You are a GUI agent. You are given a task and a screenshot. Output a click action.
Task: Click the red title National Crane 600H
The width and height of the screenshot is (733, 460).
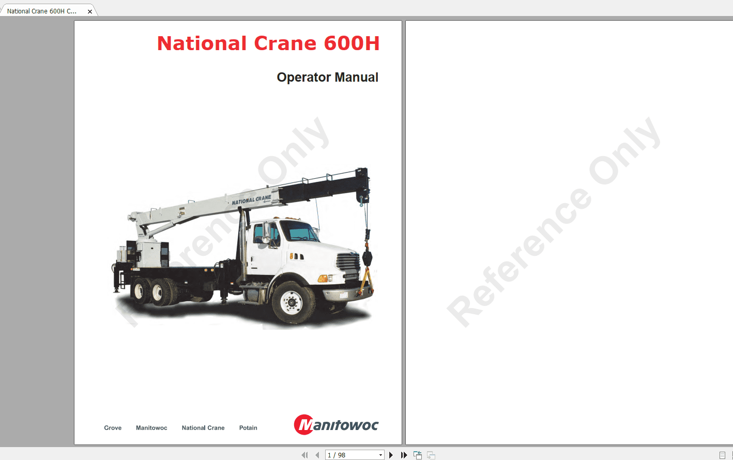(x=268, y=43)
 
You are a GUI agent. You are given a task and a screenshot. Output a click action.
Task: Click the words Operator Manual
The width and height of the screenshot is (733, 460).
(x=327, y=78)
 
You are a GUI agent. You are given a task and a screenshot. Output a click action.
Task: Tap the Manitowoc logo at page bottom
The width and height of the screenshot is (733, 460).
(x=336, y=425)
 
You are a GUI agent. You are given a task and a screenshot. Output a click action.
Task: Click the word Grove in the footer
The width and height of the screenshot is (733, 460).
(x=113, y=428)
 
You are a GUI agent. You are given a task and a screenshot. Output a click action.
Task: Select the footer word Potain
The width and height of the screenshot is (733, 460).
(x=248, y=428)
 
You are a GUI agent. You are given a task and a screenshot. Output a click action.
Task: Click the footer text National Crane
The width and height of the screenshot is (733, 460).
(x=203, y=428)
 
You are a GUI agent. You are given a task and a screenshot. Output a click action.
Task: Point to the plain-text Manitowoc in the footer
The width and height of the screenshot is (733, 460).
(x=151, y=428)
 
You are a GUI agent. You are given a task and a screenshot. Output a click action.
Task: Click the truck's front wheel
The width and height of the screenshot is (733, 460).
(x=292, y=302)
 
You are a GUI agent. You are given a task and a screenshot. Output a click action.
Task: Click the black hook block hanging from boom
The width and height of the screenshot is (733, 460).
(x=368, y=257)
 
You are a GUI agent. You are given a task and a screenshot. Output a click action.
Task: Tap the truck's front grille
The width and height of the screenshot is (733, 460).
(x=348, y=262)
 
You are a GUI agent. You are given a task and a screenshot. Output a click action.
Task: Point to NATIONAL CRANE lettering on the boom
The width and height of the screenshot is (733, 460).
(x=251, y=200)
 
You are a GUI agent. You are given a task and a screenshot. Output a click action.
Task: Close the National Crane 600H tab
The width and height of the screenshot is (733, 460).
(x=90, y=11)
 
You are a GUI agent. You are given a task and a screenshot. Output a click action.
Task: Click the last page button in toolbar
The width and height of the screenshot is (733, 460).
(x=404, y=455)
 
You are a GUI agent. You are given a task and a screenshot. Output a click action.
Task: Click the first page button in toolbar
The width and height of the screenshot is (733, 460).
(x=304, y=455)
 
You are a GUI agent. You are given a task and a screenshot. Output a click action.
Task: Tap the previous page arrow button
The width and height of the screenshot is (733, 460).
(x=317, y=455)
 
